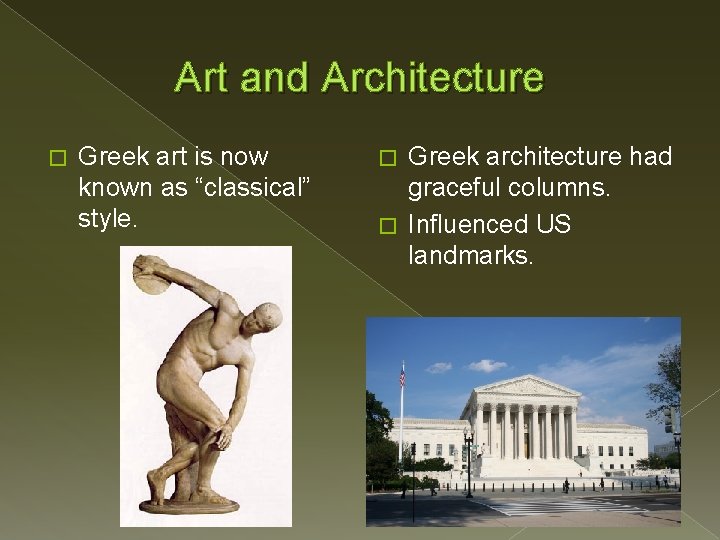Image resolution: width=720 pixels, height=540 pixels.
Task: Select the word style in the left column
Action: click(x=106, y=218)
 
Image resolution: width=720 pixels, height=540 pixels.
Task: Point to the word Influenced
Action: click(x=471, y=224)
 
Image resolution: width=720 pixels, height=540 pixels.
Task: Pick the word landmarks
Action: click(x=470, y=256)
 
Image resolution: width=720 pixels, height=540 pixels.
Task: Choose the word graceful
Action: click(x=454, y=188)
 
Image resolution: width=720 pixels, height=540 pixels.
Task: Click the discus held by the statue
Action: click(x=151, y=274)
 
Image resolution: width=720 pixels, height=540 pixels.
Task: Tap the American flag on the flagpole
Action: click(x=402, y=375)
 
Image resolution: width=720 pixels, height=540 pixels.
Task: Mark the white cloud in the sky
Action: click(x=486, y=365)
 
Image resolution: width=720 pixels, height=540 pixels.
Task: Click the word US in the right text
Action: click(x=553, y=224)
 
